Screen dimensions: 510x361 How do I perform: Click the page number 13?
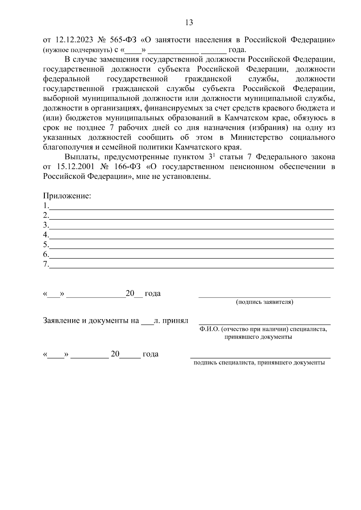[189, 23]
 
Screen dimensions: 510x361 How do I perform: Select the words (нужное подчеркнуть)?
[77, 50]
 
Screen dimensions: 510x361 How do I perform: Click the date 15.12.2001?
[74, 166]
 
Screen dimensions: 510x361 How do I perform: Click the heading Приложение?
[67, 196]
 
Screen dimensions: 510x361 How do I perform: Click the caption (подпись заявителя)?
[264, 302]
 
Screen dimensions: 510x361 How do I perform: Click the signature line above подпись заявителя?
[264, 296]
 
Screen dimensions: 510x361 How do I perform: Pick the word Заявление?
[61, 320]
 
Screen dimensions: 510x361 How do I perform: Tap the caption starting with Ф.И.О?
[263, 329]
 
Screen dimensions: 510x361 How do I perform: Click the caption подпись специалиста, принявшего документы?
[259, 363]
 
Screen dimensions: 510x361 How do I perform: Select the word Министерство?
[257, 137]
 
